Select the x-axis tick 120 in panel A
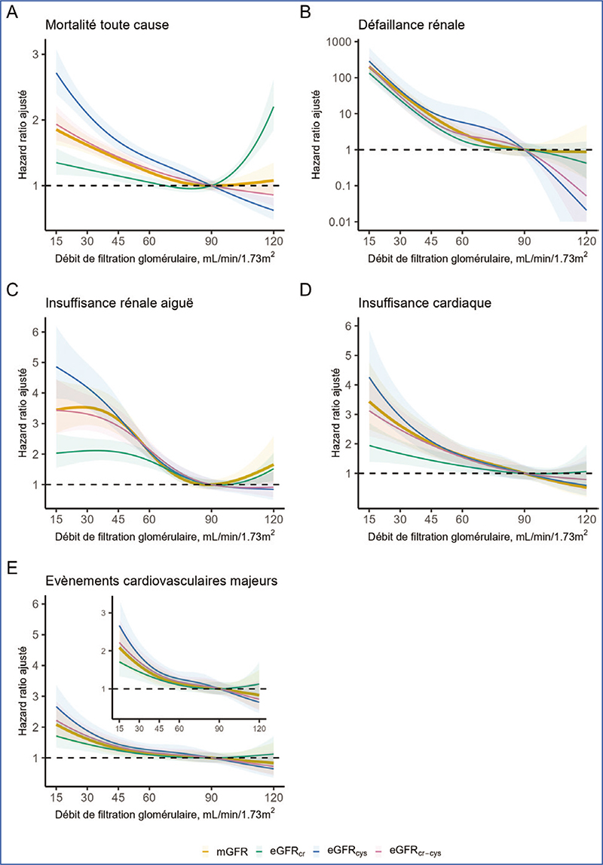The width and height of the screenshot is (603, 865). click(274, 240)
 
